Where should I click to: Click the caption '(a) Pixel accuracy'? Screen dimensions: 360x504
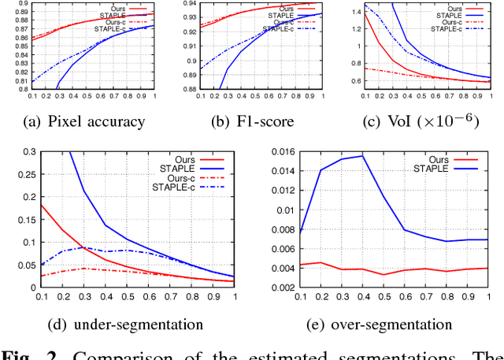point(86,121)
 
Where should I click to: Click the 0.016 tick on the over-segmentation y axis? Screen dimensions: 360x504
point(280,152)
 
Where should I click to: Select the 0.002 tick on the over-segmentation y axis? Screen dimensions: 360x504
point(280,288)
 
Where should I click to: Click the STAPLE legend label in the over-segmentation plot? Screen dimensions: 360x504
point(426,169)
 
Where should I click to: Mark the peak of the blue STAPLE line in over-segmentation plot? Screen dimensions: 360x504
point(362,156)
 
